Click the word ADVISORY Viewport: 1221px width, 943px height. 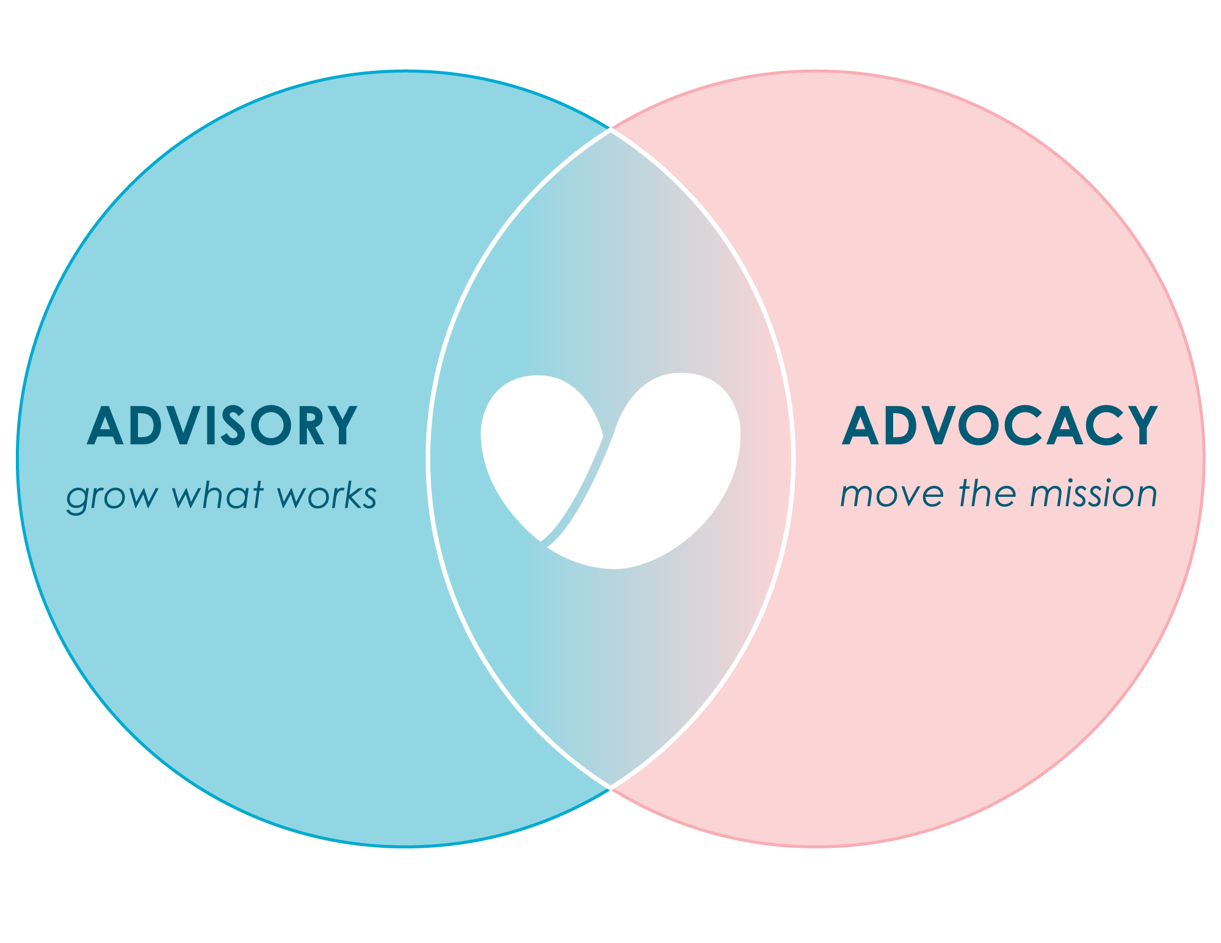point(222,425)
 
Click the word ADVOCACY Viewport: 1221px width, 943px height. point(1000,425)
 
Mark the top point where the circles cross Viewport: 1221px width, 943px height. point(610,129)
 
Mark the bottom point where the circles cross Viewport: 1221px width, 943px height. point(610,788)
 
